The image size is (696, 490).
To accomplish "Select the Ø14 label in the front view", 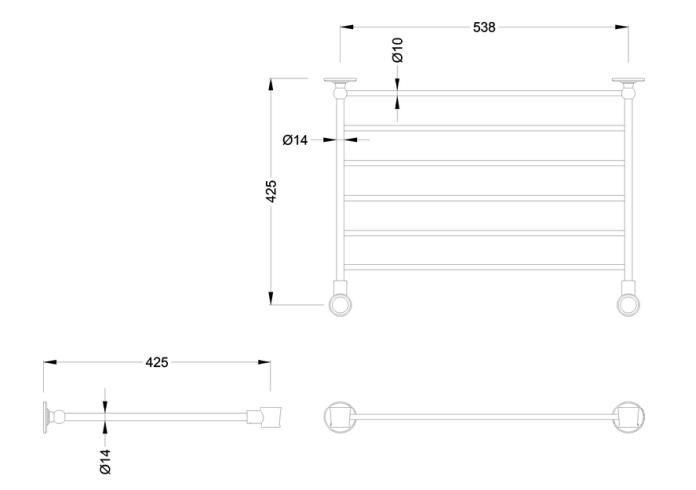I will click(x=295, y=140).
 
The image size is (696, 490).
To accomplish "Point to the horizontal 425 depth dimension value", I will click(x=156, y=362).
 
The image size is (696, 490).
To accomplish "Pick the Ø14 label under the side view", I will click(x=106, y=460).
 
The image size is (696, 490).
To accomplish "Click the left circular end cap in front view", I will click(x=341, y=300).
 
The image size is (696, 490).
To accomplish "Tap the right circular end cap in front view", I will click(x=628, y=300).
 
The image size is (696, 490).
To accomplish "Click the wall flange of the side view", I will click(x=47, y=416).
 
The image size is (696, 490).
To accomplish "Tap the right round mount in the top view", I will click(x=628, y=416).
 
